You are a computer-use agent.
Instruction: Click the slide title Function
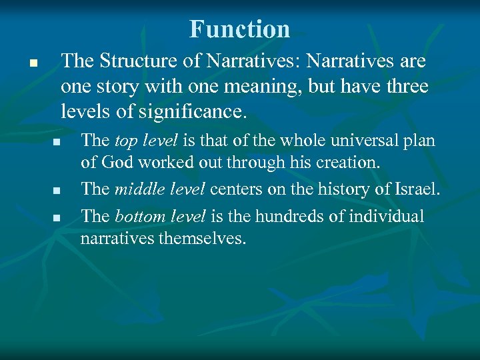239,29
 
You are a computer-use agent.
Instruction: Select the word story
111,87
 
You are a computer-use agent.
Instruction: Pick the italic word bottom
136,217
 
